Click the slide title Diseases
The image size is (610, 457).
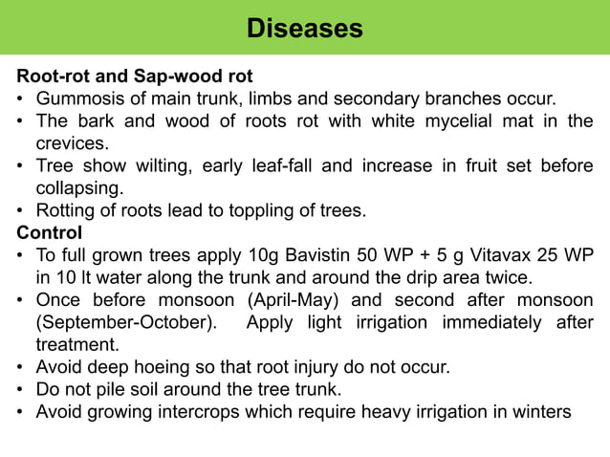click(x=304, y=28)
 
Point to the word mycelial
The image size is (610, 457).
click(x=433, y=121)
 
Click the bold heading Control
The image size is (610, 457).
click(x=50, y=232)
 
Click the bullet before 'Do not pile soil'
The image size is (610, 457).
click(x=21, y=390)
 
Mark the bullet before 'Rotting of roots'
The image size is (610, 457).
click(x=21, y=210)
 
